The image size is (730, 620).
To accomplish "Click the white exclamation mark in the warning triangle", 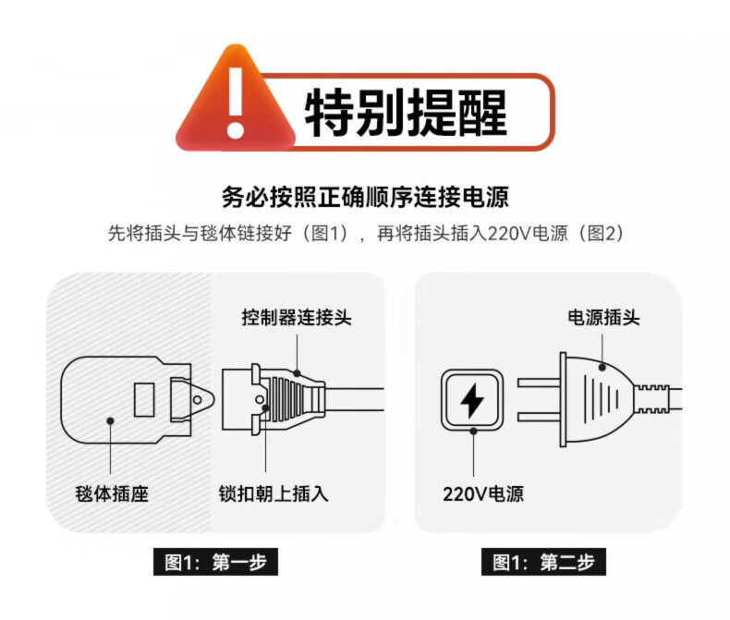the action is [x=236, y=103].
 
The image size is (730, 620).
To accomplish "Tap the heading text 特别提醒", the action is [x=406, y=113].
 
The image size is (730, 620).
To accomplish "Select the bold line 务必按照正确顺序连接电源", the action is [x=365, y=197].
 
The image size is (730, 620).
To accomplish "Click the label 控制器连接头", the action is [x=297, y=318].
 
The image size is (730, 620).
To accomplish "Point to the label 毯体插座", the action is [x=112, y=493].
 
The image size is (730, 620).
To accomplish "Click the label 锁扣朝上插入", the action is [x=274, y=493].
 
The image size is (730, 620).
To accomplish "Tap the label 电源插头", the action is [x=603, y=318].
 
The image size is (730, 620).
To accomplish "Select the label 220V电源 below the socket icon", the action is [x=483, y=493].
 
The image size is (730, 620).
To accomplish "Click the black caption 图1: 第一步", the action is [x=215, y=562].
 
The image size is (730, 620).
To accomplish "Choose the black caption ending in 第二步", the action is [x=543, y=562].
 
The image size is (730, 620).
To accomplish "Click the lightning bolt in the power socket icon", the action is [x=472, y=400].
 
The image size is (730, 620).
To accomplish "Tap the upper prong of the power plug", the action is [x=539, y=383].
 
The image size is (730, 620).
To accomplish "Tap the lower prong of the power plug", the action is [x=539, y=417].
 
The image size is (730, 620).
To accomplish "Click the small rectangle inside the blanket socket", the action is [x=144, y=400].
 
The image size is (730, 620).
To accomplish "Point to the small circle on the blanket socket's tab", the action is [x=198, y=400].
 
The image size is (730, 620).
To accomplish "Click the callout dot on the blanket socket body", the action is [x=110, y=420].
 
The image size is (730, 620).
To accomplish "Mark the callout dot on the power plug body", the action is [x=602, y=367].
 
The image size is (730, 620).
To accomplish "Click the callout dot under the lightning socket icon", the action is [x=473, y=432].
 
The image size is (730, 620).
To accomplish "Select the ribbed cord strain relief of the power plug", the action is [x=652, y=399].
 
